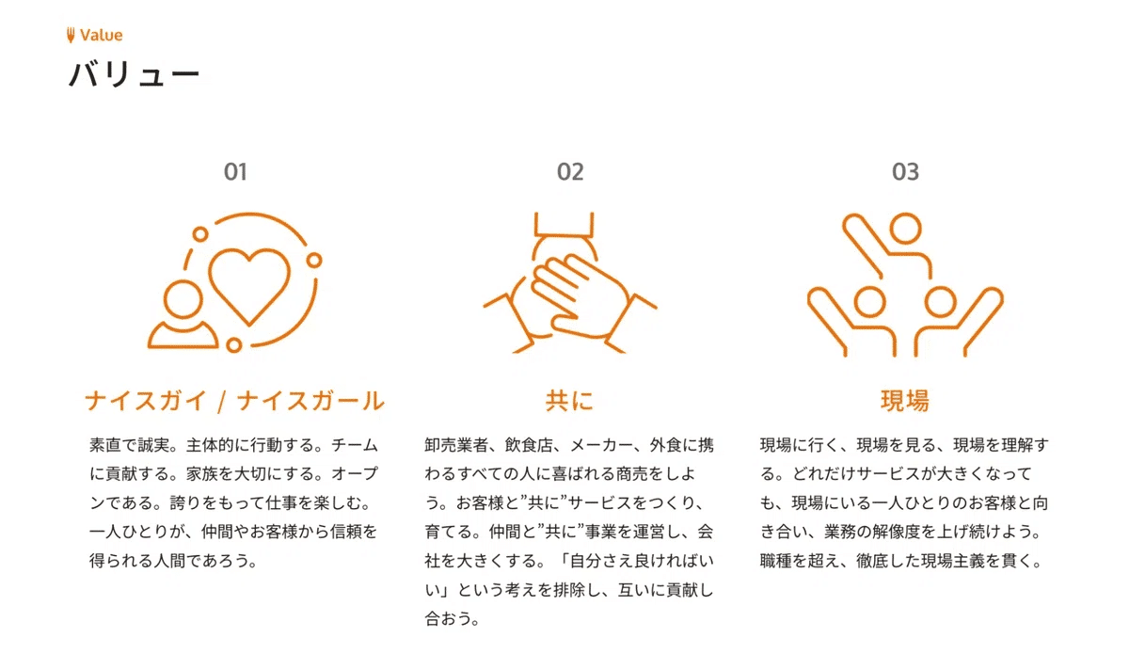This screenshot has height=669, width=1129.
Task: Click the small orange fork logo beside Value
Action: pos(71,36)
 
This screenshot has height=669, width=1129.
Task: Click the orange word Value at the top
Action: pos(101,36)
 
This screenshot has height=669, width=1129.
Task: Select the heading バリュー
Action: pos(134,74)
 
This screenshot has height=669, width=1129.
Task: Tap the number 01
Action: pos(235,172)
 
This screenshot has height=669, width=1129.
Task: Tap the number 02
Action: pos(570,172)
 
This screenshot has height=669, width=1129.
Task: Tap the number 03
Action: pos(905,172)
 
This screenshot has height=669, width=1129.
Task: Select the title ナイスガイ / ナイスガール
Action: pos(235,402)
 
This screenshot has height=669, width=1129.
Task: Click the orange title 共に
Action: pos(570,402)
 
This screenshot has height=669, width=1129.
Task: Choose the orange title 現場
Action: pos(905,402)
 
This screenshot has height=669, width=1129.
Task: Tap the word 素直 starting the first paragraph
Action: pos(105,444)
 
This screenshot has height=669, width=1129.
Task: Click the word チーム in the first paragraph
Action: pos(358,444)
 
